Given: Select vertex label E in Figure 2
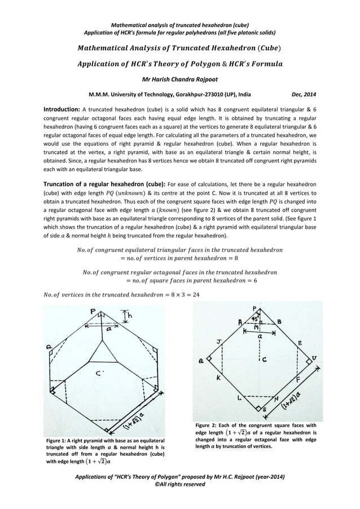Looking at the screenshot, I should coord(300,343).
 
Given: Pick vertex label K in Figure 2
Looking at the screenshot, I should coord(218,378).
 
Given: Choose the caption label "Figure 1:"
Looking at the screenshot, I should coord(60,440).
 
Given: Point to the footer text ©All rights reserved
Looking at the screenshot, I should coord(179,485).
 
